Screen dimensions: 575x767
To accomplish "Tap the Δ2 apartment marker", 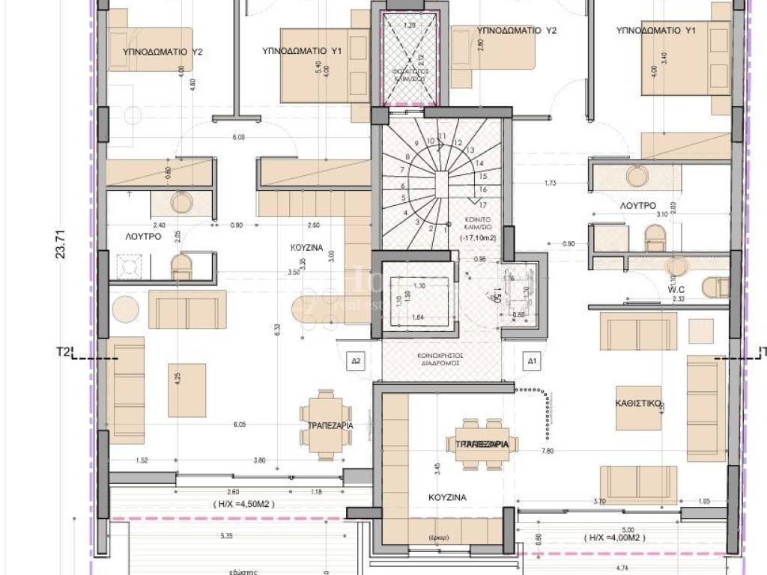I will click(357, 361).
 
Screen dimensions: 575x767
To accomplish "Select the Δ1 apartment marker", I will click(533, 361).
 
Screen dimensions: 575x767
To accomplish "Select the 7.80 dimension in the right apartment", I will click(547, 451).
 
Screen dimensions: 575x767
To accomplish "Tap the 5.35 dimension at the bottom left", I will click(226, 536).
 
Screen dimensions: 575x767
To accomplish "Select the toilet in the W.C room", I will click(716, 285).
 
